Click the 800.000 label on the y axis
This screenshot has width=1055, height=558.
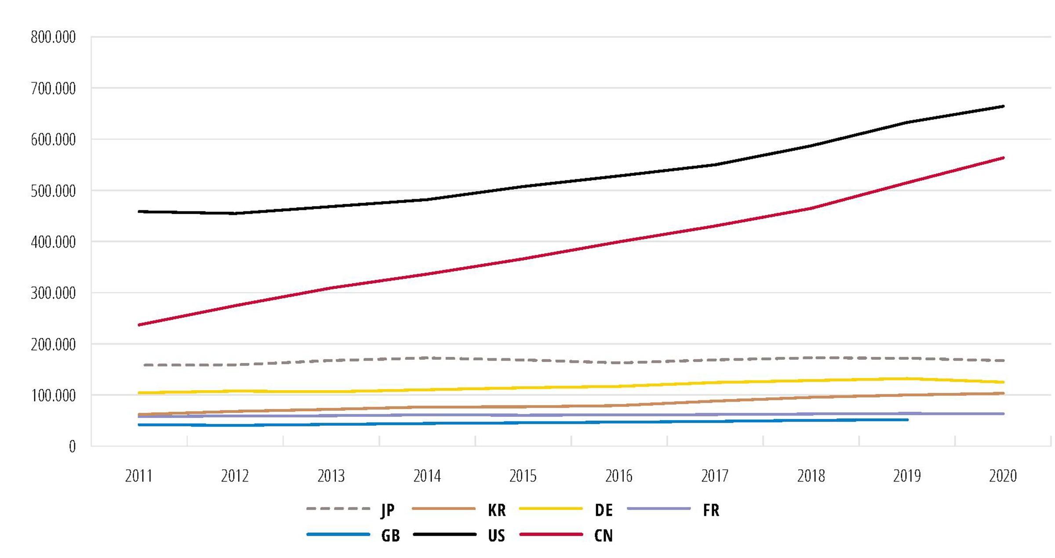tap(53, 37)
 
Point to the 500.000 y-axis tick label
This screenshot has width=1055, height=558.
tap(53, 191)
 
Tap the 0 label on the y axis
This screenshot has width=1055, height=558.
tap(72, 447)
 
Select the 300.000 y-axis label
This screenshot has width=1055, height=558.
tap(53, 293)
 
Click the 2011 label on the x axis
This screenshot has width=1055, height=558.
tap(138, 476)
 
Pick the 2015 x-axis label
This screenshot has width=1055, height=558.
tap(523, 476)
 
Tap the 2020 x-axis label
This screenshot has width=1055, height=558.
tap(1003, 476)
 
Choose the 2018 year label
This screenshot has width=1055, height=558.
tap(811, 476)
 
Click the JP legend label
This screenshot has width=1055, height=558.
tap(387, 510)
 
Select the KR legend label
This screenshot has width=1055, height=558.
tap(497, 510)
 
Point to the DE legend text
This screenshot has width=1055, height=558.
tap(604, 510)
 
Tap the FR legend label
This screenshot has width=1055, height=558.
tap(711, 510)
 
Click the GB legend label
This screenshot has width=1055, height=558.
tap(390, 536)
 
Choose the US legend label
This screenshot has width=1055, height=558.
tap(497, 536)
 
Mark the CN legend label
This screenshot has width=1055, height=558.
tap(603, 536)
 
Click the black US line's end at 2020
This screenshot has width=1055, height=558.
tap(1003, 106)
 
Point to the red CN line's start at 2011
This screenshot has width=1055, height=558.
tap(139, 325)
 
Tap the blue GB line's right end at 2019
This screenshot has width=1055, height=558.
tap(907, 420)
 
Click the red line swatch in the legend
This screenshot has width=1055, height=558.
tap(551, 534)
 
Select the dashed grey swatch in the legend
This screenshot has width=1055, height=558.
tap(338, 509)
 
